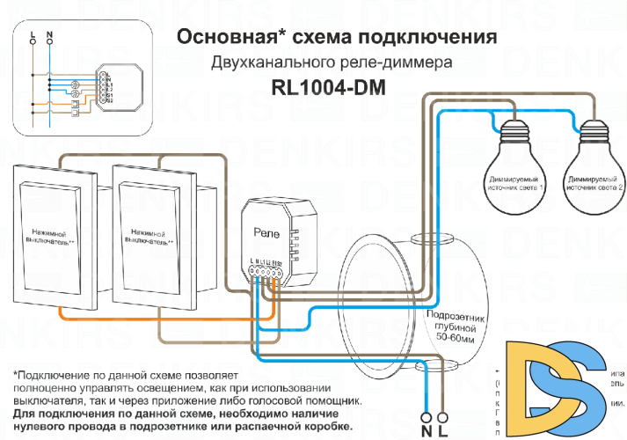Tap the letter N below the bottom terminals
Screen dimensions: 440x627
tap(427, 431)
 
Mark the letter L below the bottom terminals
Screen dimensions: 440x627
tap(442, 431)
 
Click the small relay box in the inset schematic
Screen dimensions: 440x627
tap(105, 87)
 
